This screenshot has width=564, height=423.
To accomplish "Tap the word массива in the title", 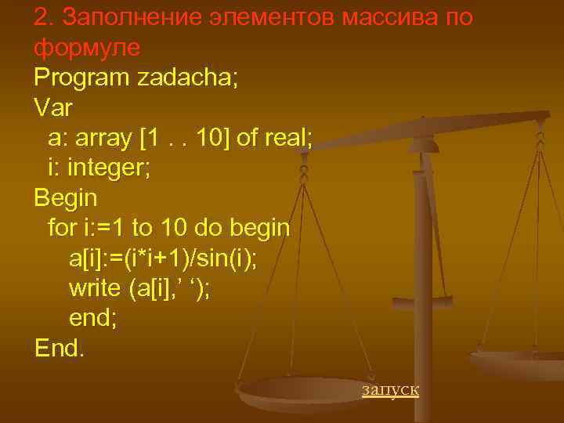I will coord(386,16).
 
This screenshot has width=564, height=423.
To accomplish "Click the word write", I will coord(93,288).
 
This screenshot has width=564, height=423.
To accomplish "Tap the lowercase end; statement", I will coord(93,318).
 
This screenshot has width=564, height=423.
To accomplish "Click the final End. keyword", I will coord(59,348).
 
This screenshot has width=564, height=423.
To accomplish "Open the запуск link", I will coord(390,389).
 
